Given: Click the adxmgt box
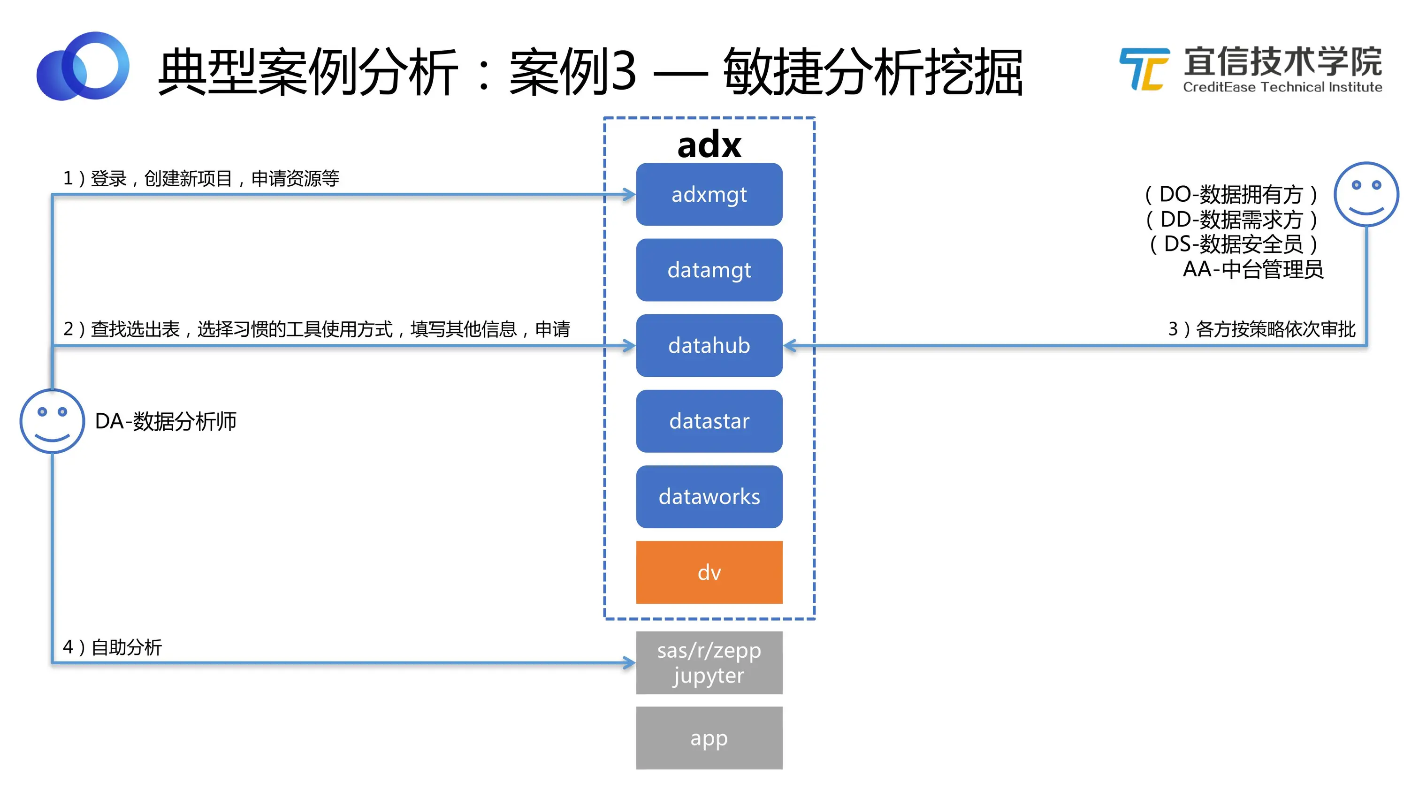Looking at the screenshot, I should click(709, 194).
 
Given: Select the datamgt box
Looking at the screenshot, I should click(709, 270).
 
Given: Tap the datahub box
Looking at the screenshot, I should click(709, 345).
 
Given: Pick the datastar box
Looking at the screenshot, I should click(709, 421).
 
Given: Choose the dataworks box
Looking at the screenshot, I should click(709, 497).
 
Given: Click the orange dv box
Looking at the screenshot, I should click(709, 572).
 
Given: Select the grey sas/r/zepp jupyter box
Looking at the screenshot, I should click(709, 662).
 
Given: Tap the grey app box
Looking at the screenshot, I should click(709, 738).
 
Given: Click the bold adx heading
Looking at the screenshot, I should click(709, 145).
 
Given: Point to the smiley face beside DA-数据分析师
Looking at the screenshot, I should click(53, 421).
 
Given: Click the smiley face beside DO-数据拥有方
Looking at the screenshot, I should click(1366, 194).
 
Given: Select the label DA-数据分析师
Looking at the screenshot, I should click(165, 421).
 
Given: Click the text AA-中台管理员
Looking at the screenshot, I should click(1252, 269).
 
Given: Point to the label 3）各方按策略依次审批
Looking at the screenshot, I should click(1261, 329).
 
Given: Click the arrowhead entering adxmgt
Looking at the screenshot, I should click(630, 194).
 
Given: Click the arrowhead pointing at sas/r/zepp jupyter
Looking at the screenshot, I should click(630, 662).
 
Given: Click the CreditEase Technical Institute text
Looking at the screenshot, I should click(1282, 87).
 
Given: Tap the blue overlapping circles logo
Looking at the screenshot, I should click(83, 66).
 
